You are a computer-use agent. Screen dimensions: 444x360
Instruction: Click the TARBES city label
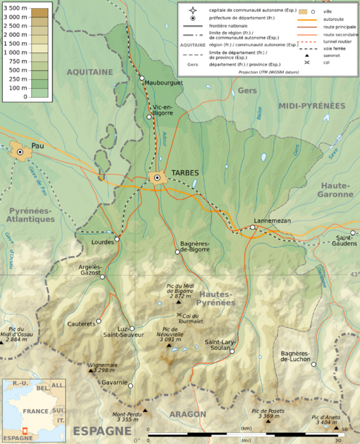tap(186, 172)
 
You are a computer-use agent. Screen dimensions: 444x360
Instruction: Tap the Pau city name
tap(37, 146)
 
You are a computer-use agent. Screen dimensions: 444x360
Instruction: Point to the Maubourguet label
tap(164, 83)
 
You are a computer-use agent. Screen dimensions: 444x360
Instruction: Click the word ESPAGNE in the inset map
tap(17, 438)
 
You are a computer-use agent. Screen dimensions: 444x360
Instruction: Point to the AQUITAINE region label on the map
tap(90, 72)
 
